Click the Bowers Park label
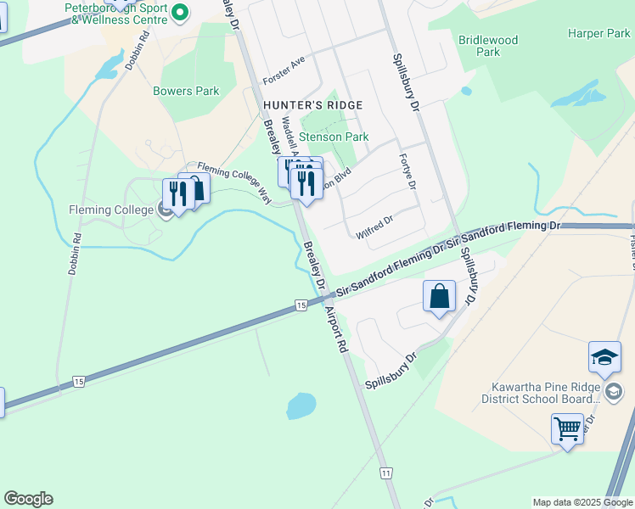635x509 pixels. [x=186, y=92]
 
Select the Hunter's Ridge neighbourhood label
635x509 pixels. [x=312, y=105]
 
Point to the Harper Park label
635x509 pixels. [x=599, y=34]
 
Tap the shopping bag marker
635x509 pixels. [x=439, y=297]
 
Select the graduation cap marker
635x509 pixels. [x=605, y=357]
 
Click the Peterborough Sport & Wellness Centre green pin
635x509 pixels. [x=179, y=13]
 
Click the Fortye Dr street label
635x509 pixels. [x=408, y=172]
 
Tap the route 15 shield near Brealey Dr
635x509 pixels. [x=301, y=305]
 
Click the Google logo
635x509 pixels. [x=28, y=499]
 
